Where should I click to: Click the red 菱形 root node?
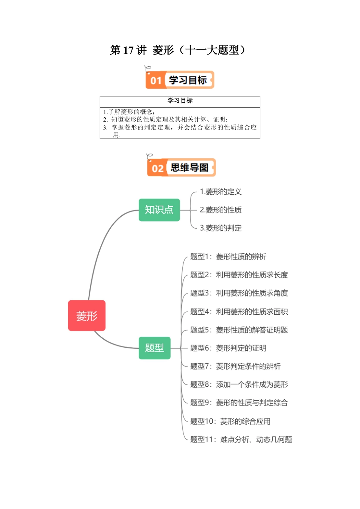click(87, 315)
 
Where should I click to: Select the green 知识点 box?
click(159, 210)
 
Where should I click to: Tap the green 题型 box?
click(155, 348)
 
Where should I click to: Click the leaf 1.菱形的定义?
click(221, 192)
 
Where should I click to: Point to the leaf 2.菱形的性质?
click(221, 210)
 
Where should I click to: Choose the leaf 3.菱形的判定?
click(221, 228)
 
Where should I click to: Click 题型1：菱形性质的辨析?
click(228, 257)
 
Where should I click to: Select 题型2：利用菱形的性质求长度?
click(239, 275)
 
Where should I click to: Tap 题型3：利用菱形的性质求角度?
click(239, 293)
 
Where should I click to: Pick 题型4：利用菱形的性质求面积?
click(239, 312)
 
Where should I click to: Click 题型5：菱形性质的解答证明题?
click(239, 330)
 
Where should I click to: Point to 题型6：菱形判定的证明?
click(228, 348)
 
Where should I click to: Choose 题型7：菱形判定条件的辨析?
click(235, 366)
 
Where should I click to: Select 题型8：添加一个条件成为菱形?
click(239, 384)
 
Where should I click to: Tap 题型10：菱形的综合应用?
click(230, 421)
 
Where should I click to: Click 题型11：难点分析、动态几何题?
click(241, 439)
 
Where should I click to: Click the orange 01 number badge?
click(156, 80)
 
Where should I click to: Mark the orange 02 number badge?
click(157, 168)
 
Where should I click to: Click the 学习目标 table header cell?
click(180, 101)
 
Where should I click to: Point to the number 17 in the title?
click(128, 50)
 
